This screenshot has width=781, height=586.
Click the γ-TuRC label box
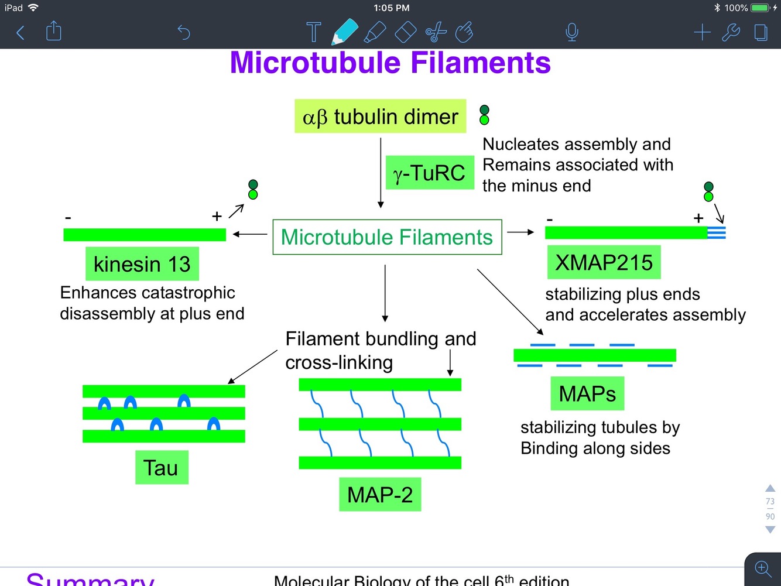(x=430, y=173)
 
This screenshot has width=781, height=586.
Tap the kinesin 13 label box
(x=142, y=264)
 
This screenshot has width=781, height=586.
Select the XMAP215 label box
(x=604, y=262)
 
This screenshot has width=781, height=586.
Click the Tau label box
(x=161, y=468)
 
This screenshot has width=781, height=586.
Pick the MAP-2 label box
(x=380, y=495)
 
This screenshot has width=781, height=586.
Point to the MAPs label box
(x=587, y=393)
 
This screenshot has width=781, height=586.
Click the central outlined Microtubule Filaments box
(x=387, y=237)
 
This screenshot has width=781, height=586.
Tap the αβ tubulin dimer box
(x=380, y=116)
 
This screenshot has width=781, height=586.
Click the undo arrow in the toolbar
(x=184, y=32)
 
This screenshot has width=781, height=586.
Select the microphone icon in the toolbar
(x=572, y=32)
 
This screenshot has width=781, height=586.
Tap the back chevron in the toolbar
(x=20, y=32)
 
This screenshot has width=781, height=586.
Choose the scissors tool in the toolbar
(x=436, y=32)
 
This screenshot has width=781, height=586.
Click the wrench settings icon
(x=731, y=32)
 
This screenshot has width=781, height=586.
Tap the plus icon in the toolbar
(x=702, y=32)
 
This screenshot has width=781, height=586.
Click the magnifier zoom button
(x=762, y=568)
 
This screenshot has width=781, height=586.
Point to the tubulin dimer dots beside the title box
(x=484, y=115)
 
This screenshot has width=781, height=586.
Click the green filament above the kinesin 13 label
(x=145, y=235)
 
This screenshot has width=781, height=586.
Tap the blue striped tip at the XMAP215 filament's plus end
(x=717, y=232)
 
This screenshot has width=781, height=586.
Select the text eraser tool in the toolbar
(x=405, y=32)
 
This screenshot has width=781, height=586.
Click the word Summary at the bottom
(x=91, y=580)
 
